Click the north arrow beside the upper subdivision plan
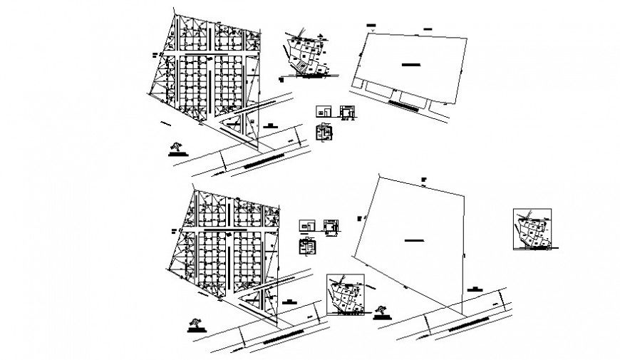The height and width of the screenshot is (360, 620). (175, 148)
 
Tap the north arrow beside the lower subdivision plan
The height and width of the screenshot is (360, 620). (194, 325)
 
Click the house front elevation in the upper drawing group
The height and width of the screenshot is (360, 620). (324, 111)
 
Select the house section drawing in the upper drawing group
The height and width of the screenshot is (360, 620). (347, 112)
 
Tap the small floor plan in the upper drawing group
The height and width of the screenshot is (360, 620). (324, 133)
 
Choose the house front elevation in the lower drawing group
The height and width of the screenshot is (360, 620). (306, 225)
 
